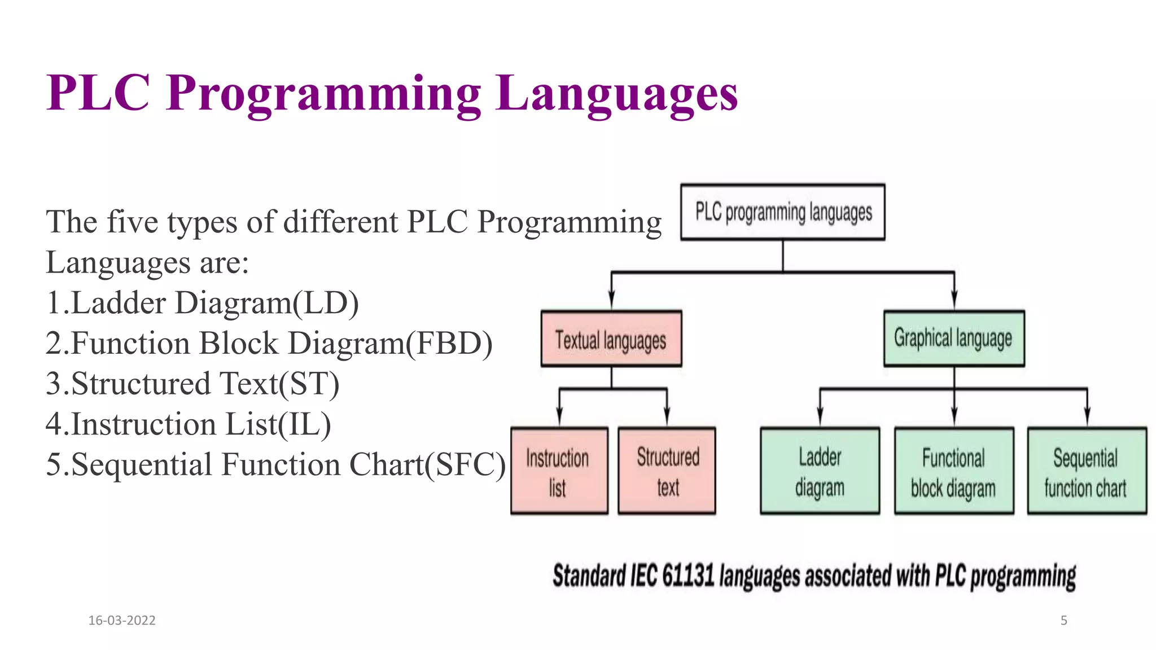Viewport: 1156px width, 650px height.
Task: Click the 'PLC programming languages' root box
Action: click(x=782, y=212)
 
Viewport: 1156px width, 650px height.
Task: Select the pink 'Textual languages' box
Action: click(x=611, y=339)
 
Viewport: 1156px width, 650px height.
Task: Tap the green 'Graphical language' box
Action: click(x=953, y=339)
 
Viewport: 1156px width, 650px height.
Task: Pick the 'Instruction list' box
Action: click(x=559, y=471)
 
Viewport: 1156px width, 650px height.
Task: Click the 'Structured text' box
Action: click(x=667, y=471)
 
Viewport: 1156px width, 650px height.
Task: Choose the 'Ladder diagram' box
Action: click(x=820, y=471)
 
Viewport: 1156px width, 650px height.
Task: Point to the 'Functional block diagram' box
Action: click(x=953, y=471)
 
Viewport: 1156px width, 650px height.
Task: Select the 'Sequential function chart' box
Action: click(x=1087, y=471)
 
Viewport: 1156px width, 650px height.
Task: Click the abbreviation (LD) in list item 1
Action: click(x=325, y=302)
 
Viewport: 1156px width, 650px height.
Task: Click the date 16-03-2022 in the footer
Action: click(x=122, y=620)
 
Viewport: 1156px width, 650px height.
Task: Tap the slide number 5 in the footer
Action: click(x=1063, y=620)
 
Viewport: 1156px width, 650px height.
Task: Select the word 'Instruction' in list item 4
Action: click(x=144, y=424)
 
